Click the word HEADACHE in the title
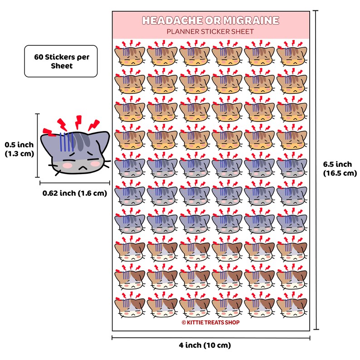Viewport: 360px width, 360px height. [173, 20]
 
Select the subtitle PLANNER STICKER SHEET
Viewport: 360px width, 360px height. [210, 31]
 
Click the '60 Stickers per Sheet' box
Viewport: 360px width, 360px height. [61, 61]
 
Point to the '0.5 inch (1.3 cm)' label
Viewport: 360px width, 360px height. [19, 149]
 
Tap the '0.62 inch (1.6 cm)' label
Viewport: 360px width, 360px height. [75, 193]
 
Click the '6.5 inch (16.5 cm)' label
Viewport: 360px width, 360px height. [340, 169]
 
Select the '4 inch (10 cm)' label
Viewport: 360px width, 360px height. [205, 345]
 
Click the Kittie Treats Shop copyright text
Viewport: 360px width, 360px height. [210, 322]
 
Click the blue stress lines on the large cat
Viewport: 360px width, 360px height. [67, 142]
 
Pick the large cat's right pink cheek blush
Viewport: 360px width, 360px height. [95, 163]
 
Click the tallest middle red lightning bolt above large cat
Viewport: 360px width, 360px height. [78, 122]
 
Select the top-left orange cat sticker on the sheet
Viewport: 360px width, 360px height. [130, 53]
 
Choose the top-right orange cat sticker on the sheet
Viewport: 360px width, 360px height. [292, 53]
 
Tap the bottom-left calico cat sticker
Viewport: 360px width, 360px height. [130, 305]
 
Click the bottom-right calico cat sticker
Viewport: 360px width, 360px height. [292, 305]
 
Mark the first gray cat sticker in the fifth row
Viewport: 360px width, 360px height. [130, 165]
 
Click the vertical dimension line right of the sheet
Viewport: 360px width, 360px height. [316, 170]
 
